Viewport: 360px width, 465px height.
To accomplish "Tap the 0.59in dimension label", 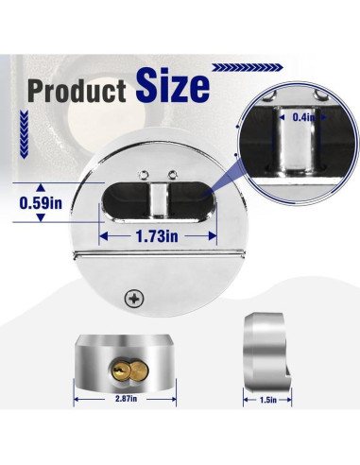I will tap(42, 202).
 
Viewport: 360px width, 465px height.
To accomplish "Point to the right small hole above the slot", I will tap(170, 173).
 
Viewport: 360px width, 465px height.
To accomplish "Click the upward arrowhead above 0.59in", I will tap(42, 185).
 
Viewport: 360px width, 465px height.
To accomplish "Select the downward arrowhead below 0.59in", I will tap(42, 219).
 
